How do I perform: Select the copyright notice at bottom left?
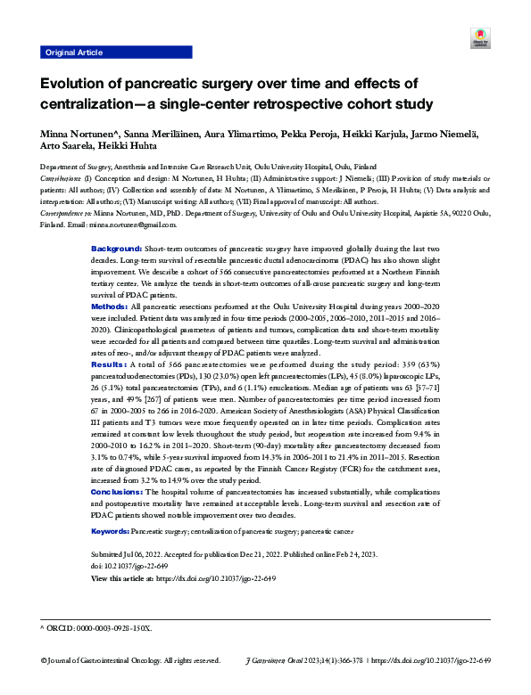click(130, 661)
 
